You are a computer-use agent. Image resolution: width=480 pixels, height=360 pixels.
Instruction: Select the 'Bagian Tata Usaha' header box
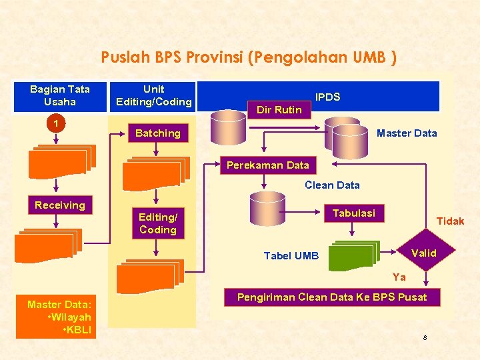click(x=60, y=95)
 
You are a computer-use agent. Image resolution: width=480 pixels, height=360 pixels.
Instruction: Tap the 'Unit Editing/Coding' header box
click(x=154, y=95)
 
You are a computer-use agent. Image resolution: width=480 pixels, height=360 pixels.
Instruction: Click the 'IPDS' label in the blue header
click(x=327, y=97)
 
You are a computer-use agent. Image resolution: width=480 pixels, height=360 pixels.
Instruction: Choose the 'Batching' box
click(x=158, y=133)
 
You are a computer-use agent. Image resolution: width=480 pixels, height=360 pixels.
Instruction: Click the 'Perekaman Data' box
click(x=268, y=165)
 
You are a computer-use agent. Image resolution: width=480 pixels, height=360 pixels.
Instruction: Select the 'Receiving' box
click(x=60, y=205)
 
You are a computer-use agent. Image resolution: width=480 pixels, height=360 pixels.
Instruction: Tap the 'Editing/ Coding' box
click(x=158, y=223)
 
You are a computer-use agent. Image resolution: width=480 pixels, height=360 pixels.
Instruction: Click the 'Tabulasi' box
click(x=353, y=213)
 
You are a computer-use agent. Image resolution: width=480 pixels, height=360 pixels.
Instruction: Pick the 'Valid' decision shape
click(x=425, y=253)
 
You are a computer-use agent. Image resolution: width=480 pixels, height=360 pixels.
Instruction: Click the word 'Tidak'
click(x=450, y=221)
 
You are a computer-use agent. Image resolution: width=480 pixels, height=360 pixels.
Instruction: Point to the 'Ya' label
click(x=399, y=277)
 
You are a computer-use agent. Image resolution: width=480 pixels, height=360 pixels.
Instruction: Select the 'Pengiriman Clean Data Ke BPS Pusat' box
click(x=332, y=297)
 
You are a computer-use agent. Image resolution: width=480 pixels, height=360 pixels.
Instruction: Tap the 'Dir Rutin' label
click(x=279, y=110)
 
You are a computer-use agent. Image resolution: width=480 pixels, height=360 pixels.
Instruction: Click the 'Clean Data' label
click(x=332, y=185)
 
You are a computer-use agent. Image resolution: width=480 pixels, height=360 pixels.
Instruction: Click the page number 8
click(x=424, y=339)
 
